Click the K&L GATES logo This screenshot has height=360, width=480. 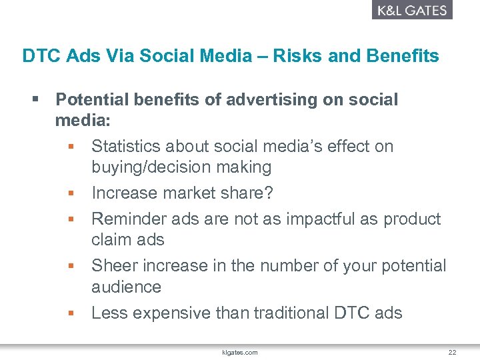[x=411, y=10]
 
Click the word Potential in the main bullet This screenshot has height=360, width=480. [x=91, y=100]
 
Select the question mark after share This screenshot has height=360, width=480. [x=269, y=193]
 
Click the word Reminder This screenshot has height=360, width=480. [x=129, y=219]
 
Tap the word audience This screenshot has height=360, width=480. [x=126, y=287]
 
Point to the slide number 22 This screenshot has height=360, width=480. [x=452, y=351]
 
